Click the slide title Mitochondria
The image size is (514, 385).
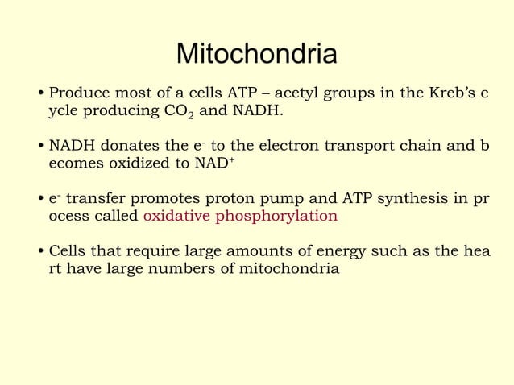(256, 54)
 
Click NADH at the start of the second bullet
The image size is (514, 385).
(73, 146)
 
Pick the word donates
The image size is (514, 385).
(135, 146)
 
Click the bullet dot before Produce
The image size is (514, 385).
(42, 93)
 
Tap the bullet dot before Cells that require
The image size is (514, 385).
(42, 253)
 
